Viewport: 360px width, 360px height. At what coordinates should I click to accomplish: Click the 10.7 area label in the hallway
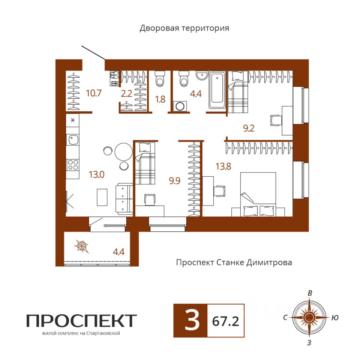pyautogui.click(x=94, y=93)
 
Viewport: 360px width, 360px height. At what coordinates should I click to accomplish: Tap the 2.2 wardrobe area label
pyautogui.click(x=126, y=93)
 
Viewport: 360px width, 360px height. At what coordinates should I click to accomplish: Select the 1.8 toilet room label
pyautogui.click(x=160, y=99)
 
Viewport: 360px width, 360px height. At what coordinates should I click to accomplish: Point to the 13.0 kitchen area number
pyautogui.click(x=97, y=174)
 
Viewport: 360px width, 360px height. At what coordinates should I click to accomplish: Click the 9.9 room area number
pyautogui.click(x=175, y=181)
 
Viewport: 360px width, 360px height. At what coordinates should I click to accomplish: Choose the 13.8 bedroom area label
pyautogui.click(x=223, y=166)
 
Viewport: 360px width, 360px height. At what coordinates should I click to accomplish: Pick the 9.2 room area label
pyautogui.click(x=249, y=128)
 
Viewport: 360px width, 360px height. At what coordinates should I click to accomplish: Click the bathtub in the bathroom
pyautogui.click(x=217, y=90)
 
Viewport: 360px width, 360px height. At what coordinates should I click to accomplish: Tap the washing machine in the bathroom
pyautogui.click(x=180, y=106)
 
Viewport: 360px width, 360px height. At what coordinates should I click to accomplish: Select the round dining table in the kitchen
pyautogui.click(x=123, y=151)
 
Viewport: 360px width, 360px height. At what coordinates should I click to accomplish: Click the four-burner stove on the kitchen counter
pyautogui.click(x=73, y=165)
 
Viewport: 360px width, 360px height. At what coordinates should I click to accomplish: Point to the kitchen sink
pyautogui.click(x=72, y=139)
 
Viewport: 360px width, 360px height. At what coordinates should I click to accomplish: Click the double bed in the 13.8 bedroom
pyautogui.click(x=258, y=194)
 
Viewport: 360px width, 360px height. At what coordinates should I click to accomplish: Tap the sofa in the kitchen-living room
pyautogui.click(x=124, y=199)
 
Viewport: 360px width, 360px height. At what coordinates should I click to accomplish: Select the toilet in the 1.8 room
pyautogui.click(x=160, y=79)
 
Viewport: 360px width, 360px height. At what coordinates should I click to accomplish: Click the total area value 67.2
pyautogui.click(x=225, y=321)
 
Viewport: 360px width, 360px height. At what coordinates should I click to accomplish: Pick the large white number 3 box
pyautogui.click(x=190, y=321)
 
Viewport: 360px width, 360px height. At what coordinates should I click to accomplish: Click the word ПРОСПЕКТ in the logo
pyautogui.click(x=81, y=321)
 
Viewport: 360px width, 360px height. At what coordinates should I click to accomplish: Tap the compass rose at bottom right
pyautogui.click(x=309, y=318)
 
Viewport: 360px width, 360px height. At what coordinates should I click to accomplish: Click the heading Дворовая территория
pyautogui.click(x=184, y=28)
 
